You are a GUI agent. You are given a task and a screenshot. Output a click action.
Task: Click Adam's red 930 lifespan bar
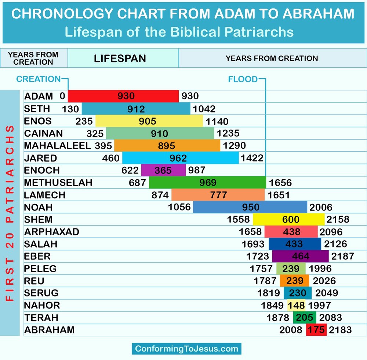click(x=123, y=96)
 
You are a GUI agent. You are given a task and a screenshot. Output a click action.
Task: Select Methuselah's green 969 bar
click(x=207, y=183)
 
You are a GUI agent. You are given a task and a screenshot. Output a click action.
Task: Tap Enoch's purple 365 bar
click(x=163, y=170)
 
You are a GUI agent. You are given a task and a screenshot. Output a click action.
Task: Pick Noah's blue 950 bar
click(x=250, y=207)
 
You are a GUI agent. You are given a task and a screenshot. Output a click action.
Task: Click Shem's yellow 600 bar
click(x=289, y=219)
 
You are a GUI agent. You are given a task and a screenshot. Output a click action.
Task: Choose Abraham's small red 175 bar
click(x=316, y=330)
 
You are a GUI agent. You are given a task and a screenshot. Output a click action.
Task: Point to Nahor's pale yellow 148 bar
click(x=296, y=305)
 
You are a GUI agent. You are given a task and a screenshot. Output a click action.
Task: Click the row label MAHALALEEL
click(x=57, y=145)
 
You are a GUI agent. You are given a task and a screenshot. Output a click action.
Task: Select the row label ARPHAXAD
click(x=51, y=232)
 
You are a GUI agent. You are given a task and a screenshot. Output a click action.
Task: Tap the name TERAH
click(x=41, y=317)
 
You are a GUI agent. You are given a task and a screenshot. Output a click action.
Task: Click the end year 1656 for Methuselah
click(x=280, y=183)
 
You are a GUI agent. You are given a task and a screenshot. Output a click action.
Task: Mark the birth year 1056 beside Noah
click(x=179, y=207)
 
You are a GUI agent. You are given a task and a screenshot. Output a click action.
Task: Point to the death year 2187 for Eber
click(x=342, y=256)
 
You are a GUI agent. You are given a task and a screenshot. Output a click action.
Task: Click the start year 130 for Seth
click(x=70, y=109)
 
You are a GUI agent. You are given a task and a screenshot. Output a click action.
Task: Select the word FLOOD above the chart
click(x=243, y=79)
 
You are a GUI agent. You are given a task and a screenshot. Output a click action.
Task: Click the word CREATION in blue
click(x=38, y=79)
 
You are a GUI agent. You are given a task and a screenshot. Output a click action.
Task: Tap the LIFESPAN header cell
click(x=120, y=58)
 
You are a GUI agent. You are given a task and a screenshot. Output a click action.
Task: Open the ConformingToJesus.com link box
click(x=186, y=348)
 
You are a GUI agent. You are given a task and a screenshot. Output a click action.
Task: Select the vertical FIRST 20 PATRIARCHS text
click(x=10, y=213)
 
